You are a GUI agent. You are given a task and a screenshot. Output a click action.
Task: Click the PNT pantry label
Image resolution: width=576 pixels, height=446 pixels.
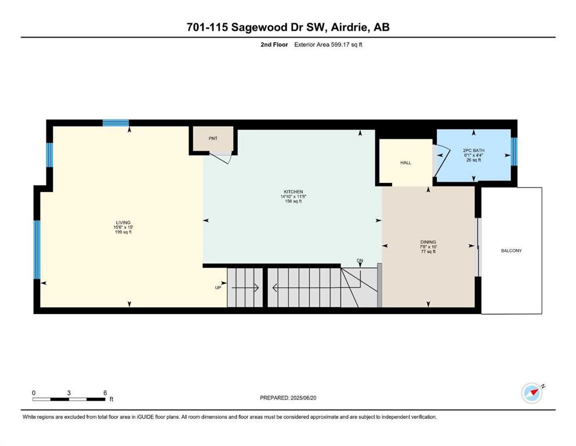(213, 139)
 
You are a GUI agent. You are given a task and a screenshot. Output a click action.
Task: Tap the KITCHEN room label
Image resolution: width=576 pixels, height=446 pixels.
(293, 192)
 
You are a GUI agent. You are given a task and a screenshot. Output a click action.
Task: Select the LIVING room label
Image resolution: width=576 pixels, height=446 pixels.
(123, 222)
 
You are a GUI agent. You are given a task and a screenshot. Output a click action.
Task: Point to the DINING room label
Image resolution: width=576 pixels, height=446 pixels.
(428, 242)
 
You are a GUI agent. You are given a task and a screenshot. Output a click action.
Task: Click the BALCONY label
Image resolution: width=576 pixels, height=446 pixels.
(512, 251)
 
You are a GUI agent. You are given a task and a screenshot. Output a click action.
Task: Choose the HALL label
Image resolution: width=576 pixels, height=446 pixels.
(406, 163)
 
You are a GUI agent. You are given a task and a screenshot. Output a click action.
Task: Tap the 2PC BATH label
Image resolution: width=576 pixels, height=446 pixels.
(473, 150)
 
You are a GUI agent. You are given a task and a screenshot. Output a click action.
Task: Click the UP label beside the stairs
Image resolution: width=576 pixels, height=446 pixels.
(218, 287)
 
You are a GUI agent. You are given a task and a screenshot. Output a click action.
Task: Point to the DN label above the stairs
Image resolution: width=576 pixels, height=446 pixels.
(360, 260)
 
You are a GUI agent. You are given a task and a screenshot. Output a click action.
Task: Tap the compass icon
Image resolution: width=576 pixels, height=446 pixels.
(532, 393)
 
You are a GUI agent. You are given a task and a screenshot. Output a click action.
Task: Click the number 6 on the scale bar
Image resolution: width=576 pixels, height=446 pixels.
(105, 393)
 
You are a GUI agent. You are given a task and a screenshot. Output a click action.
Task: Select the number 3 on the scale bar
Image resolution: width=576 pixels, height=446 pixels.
(68, 393)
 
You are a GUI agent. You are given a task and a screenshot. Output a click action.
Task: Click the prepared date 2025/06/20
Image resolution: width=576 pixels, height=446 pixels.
(303, 398)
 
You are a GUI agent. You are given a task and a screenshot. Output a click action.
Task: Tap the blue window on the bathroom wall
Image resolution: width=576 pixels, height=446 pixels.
(515, 152)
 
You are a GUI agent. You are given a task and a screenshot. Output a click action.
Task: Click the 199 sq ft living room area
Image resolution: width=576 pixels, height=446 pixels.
(123, 232)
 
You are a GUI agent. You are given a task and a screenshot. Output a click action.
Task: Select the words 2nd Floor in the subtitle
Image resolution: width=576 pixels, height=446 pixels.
(274, 45)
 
